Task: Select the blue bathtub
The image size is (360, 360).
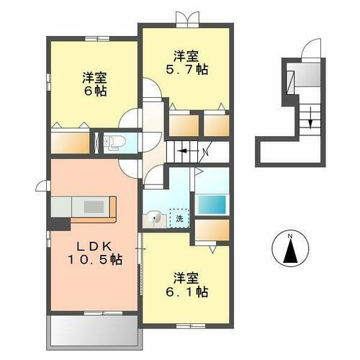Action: pyautogui.click(x=212, y=203)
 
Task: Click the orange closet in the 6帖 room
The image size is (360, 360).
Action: pyautogui.click(x=70, y=141)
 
